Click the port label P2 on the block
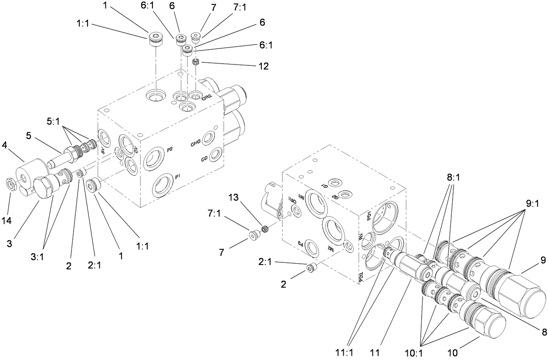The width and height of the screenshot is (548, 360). [170, 149]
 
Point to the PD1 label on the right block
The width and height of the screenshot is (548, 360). [369, 215]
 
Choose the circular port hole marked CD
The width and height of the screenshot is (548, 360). [214, 155]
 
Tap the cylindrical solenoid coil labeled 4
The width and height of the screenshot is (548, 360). [34, 168]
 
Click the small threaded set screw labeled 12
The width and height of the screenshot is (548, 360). [196, 63]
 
